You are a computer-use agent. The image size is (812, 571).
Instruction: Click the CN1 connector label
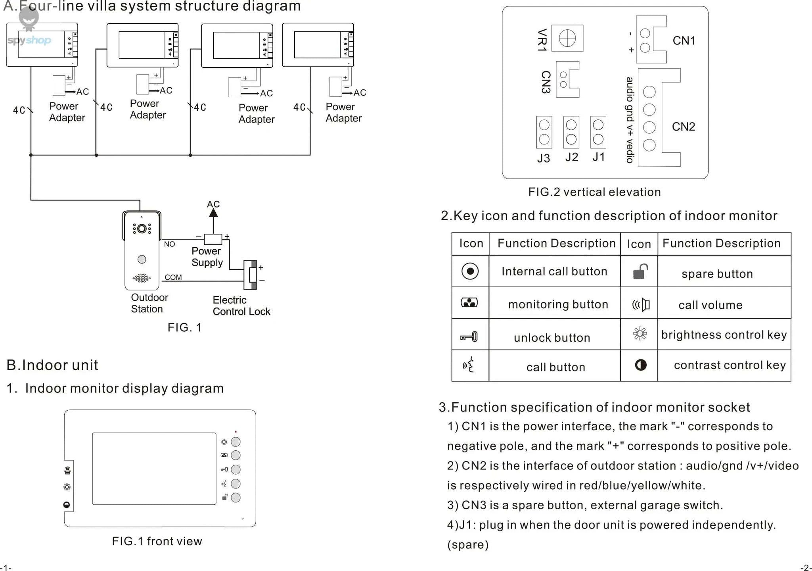click(684, 40)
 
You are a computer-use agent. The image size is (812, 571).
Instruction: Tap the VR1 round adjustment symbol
click(567, 38)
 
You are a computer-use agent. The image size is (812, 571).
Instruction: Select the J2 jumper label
click(571, 157)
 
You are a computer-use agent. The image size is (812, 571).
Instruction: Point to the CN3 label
click(546, 82)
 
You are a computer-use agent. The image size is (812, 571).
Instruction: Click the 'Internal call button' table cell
click(554, 271)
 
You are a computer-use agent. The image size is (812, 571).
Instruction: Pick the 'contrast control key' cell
click(730, 365)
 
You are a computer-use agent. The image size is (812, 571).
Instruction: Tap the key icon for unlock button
click(469, 337)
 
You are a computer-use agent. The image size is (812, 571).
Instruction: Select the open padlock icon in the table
click(640, 272)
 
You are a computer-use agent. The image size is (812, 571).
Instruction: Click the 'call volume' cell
click(710, 305)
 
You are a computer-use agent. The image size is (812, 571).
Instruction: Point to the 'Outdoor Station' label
click(149, 303)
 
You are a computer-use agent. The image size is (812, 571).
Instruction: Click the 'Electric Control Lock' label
click(241, 306)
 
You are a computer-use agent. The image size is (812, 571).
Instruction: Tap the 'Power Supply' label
click(207, 257)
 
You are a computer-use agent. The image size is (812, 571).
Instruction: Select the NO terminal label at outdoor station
click(169, 244)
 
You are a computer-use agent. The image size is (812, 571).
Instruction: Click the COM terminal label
click(173, 277)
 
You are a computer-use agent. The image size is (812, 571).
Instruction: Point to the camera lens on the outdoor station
click(142, 229)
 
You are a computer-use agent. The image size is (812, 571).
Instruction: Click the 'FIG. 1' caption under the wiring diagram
click(185, 327)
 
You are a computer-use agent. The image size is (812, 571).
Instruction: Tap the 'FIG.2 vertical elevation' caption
click(594, 192)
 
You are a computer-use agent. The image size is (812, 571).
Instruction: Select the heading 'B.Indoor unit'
click(52, 365)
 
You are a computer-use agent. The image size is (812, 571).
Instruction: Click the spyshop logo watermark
click(29, 40)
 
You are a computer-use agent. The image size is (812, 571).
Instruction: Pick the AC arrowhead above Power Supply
click(213, 213)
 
